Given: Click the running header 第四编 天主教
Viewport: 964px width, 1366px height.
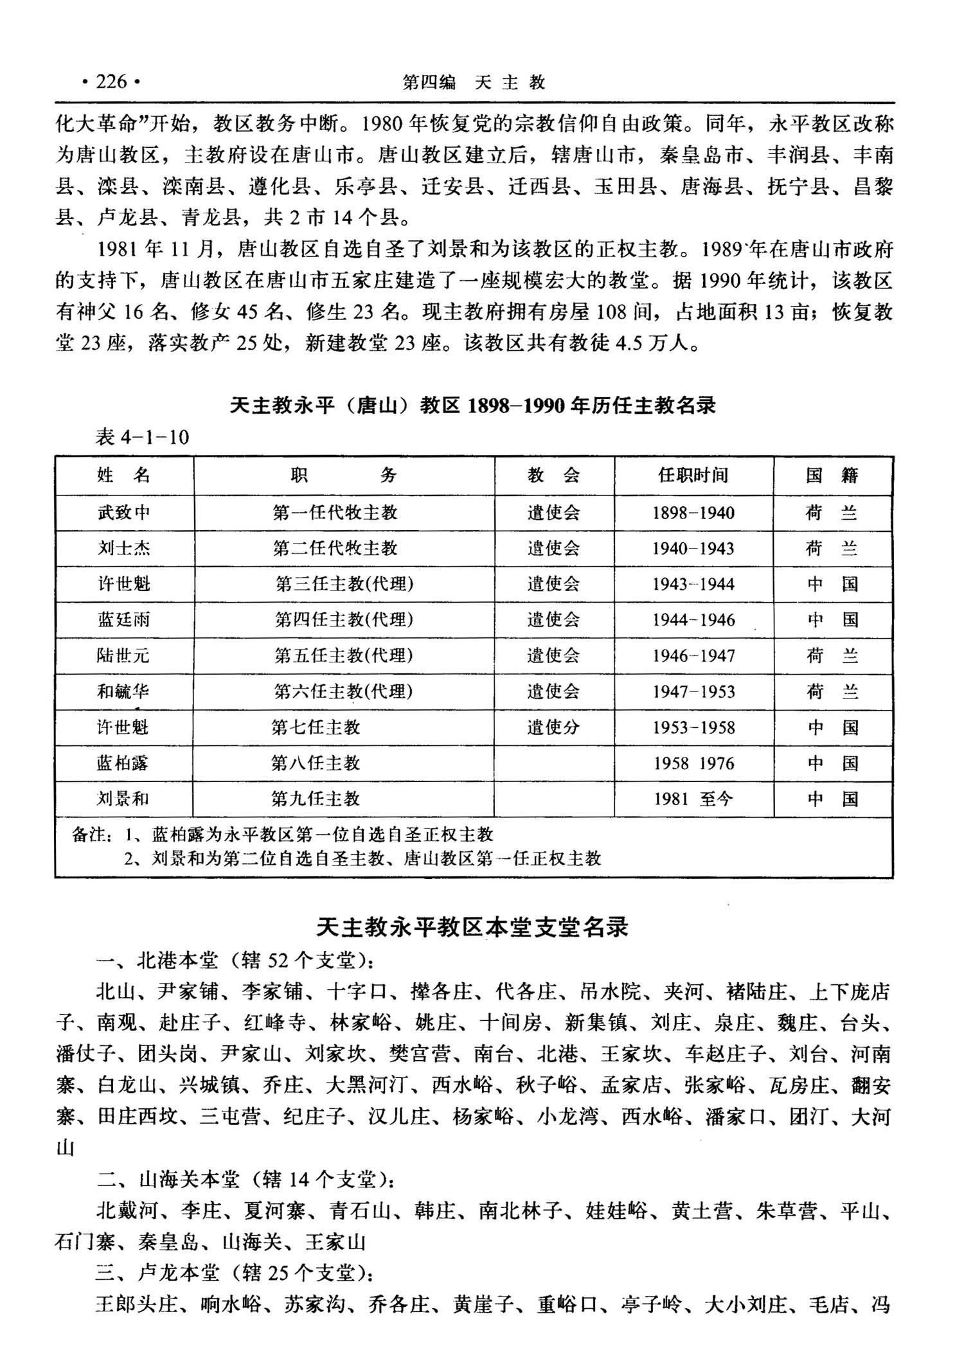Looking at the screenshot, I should (474, 82).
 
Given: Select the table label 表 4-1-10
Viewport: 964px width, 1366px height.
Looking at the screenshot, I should (142, 438).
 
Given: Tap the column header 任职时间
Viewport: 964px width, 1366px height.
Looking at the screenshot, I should (693, 475).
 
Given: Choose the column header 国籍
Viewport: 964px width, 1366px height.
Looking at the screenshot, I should (832, 475).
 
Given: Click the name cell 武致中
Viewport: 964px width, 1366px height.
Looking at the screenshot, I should (124, 513).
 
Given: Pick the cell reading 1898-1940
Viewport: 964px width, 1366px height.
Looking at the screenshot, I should (693, 513).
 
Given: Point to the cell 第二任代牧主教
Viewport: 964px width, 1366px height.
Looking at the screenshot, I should (335, 548).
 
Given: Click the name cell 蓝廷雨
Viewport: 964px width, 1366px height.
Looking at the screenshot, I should (124, 619).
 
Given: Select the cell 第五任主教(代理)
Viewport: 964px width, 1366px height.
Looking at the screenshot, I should (344, 655).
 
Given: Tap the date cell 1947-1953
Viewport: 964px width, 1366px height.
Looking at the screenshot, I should (693, 691).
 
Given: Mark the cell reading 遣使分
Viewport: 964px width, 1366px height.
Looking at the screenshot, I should (553, 727).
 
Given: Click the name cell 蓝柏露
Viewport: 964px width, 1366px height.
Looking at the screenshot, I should (123, 763).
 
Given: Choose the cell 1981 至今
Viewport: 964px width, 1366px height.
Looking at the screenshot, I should (693, 799).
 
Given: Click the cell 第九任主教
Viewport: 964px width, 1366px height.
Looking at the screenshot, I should (316, 799).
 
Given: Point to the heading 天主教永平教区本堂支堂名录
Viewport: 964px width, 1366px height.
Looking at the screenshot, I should (472, 927).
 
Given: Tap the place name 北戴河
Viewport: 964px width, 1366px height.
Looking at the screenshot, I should (127, 1211).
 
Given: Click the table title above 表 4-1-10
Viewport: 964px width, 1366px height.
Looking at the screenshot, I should (472, 405).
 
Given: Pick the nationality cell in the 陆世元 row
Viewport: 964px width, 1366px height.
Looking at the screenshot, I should (832, 655).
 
